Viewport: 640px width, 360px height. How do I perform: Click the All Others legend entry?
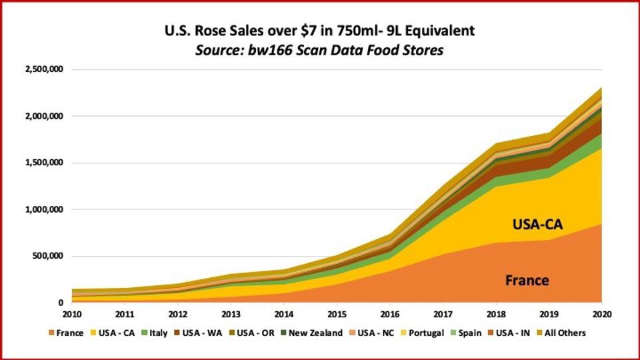pyautogui.click(x=561, y=333)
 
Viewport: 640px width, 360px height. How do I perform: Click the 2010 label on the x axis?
pyautogui.click(x=73, y=314)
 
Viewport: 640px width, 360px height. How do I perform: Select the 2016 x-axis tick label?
pyautogui.click(x=390, y=314)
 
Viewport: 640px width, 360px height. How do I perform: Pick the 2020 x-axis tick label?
pyautogui.click(x=601, y=314)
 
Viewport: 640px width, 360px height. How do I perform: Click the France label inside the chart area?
pyautogui.click(x=527, y=280)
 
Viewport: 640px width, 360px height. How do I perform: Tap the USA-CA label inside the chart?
pyautogui.click(x=537, y=225)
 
